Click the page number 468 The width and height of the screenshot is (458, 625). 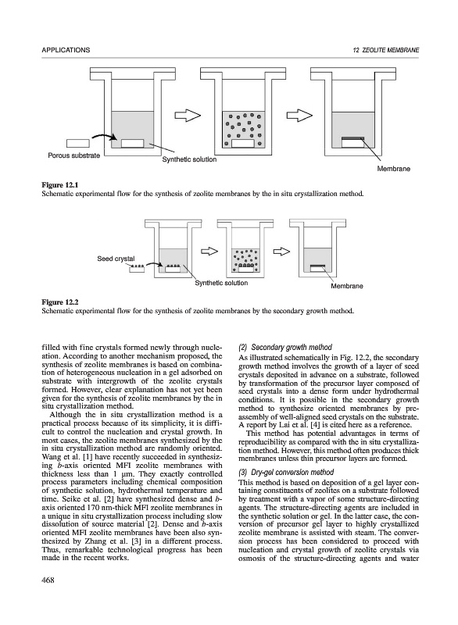point(48,580)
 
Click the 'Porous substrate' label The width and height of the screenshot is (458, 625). point(73,155)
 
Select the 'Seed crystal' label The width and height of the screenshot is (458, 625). point(116,259)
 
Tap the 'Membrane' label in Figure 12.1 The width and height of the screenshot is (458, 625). point(393,169)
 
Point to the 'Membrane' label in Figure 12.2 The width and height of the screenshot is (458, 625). point(347,286)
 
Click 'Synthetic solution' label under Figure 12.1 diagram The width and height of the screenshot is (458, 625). point(189,159)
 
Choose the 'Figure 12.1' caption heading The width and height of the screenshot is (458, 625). point(60,185)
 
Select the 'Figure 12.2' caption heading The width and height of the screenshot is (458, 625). point(60,302)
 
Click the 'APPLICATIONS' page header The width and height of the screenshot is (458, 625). point(66,50)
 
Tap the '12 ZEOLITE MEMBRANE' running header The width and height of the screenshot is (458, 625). point(386,50)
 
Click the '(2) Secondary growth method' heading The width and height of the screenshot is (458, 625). point(285,347)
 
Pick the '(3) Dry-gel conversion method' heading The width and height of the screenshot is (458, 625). point(286,473)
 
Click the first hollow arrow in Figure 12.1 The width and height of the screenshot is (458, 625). point(188,116)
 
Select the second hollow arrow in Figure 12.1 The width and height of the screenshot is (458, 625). point(300,116)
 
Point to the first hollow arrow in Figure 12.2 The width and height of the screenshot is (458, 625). point(209,251)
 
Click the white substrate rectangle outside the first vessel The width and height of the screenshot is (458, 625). point(78,143)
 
